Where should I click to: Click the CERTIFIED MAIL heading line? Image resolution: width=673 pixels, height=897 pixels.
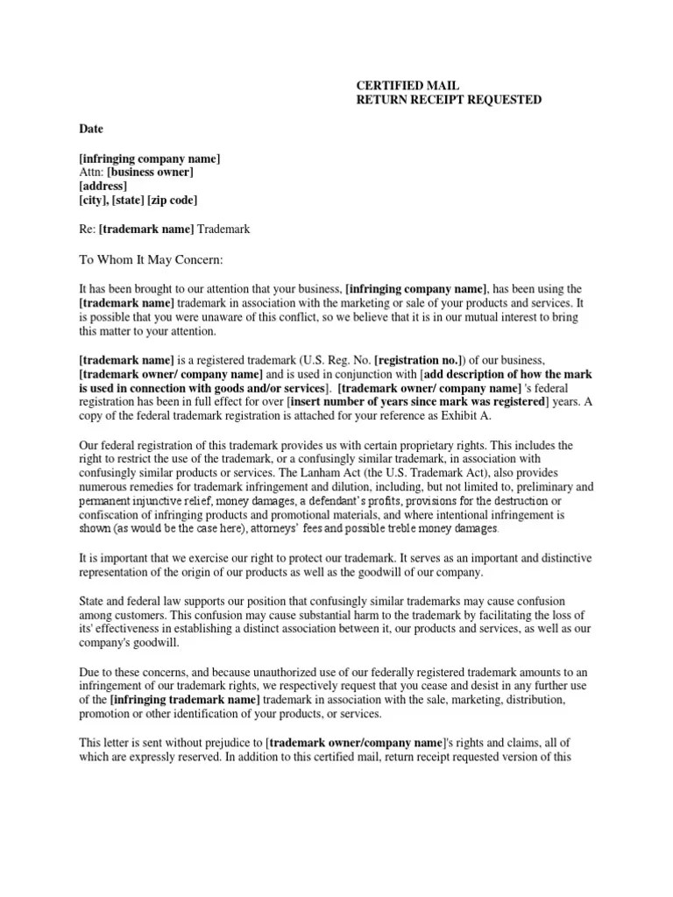click(x=407, y=86)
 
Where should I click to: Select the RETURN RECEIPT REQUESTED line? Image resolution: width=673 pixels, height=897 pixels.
click(x=448, y=100)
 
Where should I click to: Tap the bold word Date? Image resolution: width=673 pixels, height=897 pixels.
click(x=91, y=129)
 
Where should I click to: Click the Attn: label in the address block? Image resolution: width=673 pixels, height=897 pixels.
click(x=91, y=173)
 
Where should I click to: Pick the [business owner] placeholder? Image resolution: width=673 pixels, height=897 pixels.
click(x=150, y=173)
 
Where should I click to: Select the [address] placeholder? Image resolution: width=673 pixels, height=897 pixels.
click(x=103, y=187)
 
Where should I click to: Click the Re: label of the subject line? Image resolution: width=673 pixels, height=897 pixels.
click(x=88, y=230)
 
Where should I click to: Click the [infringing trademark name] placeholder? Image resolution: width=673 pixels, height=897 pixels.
click(x=185, y=702)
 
